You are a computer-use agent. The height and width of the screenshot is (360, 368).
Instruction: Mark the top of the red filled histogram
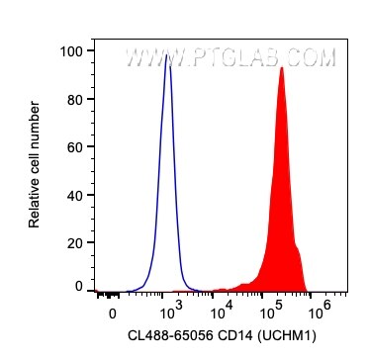coord(282,68)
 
